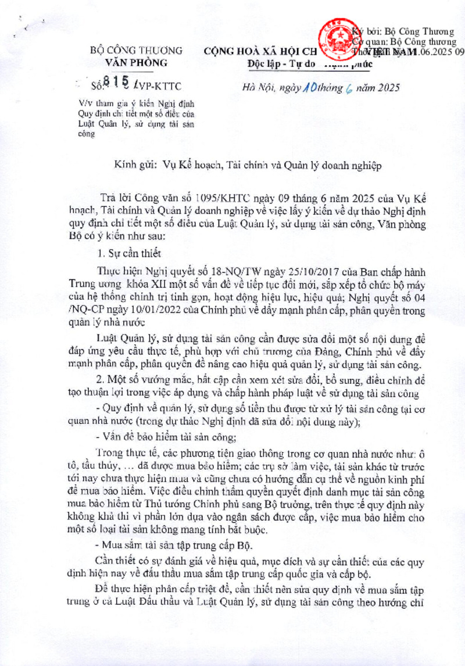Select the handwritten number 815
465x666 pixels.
coord(116,86)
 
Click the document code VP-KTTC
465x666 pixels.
coord(159,87)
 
